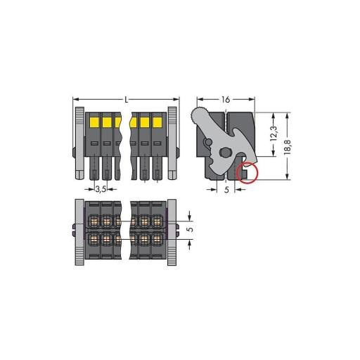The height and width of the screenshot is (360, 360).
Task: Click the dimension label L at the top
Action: [127, 100]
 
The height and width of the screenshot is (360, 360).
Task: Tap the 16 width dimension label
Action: [226, 100]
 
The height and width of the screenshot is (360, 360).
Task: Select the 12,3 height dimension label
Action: [274, 134]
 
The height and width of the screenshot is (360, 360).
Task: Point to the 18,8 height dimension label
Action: [287, 147]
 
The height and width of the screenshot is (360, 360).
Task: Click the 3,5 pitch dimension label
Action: [101, 189]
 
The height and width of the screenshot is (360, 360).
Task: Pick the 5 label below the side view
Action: [226, 190]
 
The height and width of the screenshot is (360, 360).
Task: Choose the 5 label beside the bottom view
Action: [191, 229]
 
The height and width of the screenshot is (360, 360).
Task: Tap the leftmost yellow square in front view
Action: [94, 122]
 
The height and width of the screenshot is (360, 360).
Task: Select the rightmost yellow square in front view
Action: [157, 122]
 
